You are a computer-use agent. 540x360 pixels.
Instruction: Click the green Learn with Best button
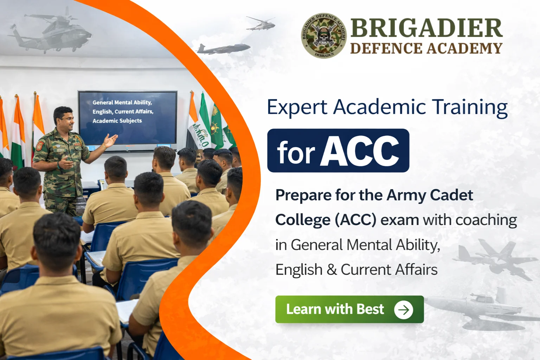tap(349, 309)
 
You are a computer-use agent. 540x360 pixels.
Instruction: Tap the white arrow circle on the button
tap(403, 310)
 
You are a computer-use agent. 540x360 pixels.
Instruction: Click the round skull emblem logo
tap(324, 36)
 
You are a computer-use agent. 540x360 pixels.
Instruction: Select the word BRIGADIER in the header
tap(426, 28)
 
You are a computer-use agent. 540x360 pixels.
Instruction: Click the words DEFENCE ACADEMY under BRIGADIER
tap(426, 49)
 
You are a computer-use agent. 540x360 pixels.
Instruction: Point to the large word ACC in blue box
tap(359, 151)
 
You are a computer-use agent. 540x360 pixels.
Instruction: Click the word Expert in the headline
tap(297, 107)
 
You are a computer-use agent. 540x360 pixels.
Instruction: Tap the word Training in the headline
tap(470, 107)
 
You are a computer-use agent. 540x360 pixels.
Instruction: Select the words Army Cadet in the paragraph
tap(430, 195)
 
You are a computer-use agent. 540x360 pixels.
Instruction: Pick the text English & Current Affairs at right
tap(356, 270)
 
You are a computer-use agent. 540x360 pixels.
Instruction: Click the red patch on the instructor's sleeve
tap(40, 146)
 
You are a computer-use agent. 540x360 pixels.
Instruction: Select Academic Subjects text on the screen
tap(117, 121)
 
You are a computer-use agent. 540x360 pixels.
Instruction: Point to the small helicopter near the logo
tap(260, 24)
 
